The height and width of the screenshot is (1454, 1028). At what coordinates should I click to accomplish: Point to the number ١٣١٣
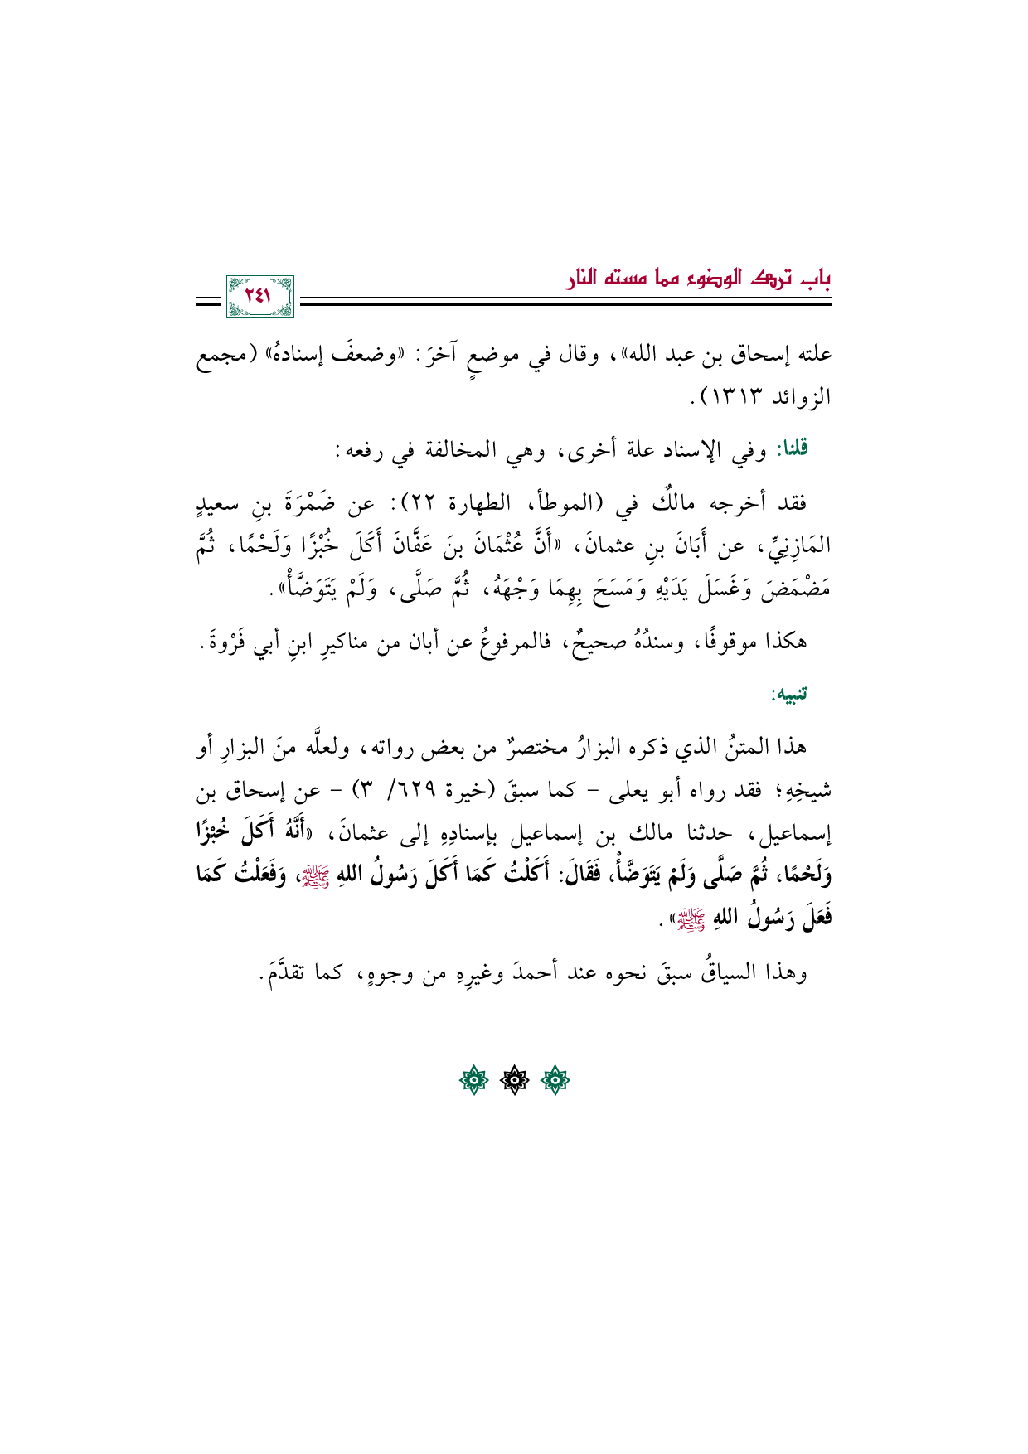point(748,398)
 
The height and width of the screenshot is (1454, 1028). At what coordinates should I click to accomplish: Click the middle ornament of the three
point(514,1080)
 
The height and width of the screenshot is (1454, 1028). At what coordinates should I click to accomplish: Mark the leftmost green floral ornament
point(473,1080)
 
